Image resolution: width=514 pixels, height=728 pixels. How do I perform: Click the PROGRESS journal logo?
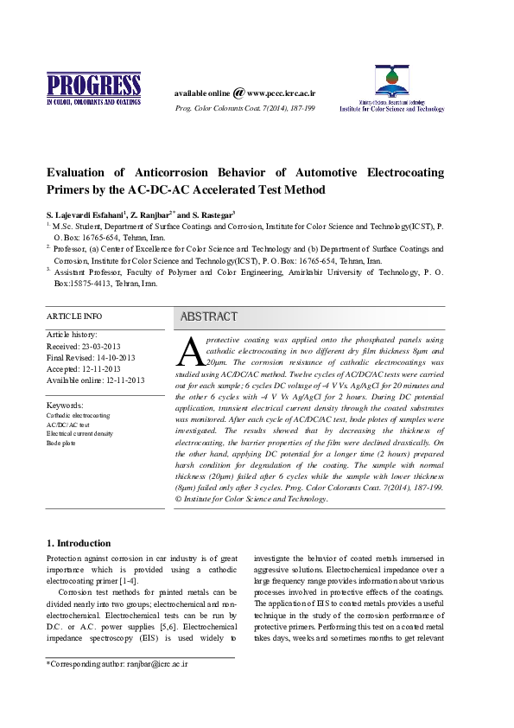click(93, 90)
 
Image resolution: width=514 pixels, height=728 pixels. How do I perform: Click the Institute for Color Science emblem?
click(391, 82)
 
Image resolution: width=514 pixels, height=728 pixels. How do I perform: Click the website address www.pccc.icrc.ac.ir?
click(282, 93)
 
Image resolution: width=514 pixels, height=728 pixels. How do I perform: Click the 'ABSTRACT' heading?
click(208, 317)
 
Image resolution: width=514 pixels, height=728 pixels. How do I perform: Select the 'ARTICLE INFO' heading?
click(73, 316)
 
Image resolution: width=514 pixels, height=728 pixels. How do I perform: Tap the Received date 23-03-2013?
click(103, 345)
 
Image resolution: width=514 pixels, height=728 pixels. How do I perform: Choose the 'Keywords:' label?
click(65, 405)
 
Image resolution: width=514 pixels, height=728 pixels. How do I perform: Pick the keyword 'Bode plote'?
click(61, 443)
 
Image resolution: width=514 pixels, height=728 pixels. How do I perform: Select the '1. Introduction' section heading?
click(78, 543)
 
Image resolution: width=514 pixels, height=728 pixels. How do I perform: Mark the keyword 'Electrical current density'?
click(79, 434)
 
